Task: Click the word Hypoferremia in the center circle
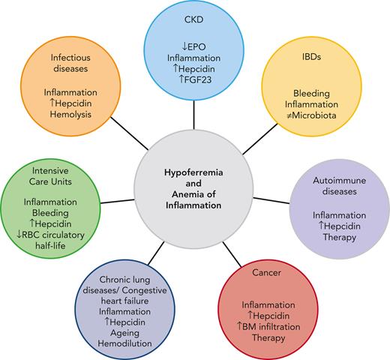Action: tap(194, 172)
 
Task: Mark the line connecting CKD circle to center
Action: tap(194, 112)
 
